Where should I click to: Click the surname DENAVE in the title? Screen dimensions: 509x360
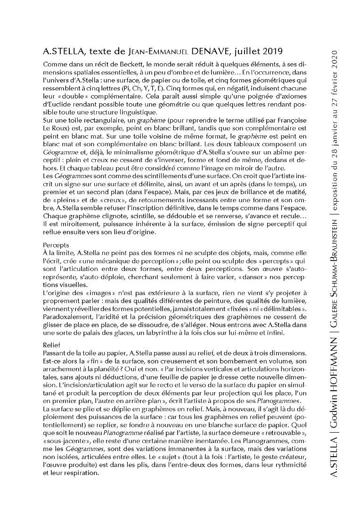click(x=211, y=50)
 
